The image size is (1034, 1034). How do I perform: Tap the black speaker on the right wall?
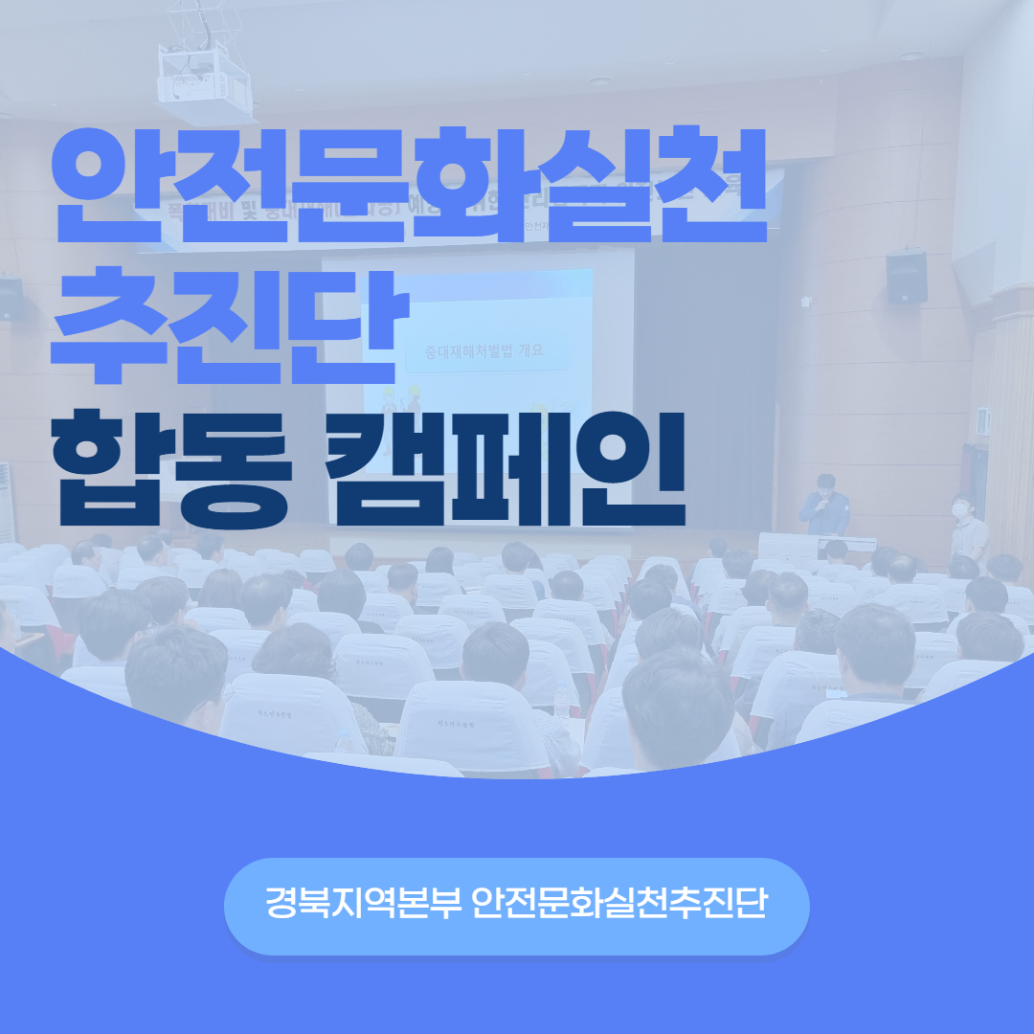(906, 277)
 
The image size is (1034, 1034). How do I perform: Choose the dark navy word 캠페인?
(508, 470)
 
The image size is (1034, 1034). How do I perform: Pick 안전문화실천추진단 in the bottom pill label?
(619, 905)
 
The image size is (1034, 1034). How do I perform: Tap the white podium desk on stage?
(788, 547)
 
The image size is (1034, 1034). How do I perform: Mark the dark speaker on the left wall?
(11, 299)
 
